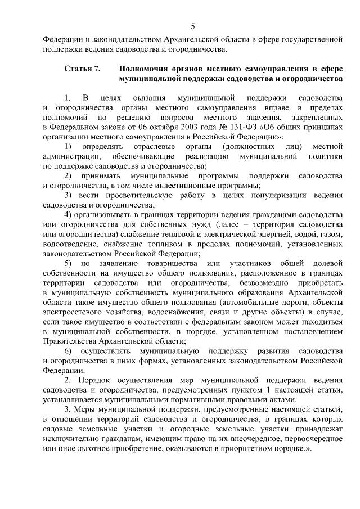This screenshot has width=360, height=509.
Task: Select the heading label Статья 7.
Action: pyautogui.click(x=82, y=70)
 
